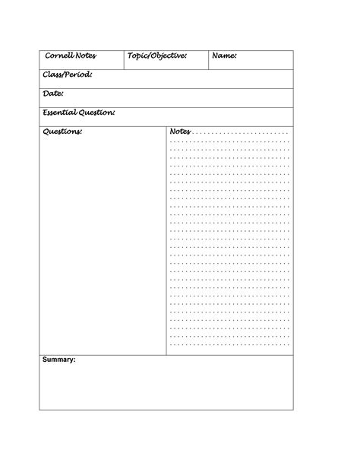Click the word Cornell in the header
pos(58,56)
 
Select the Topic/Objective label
pos(157,56)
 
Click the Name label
pos(224,56)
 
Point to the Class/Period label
pos(68,75)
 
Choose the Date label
pos(53,94)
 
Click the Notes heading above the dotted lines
pos(180,132)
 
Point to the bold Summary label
pos(59,360)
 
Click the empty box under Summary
pos(166,388)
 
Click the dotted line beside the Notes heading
pos(242,133)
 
